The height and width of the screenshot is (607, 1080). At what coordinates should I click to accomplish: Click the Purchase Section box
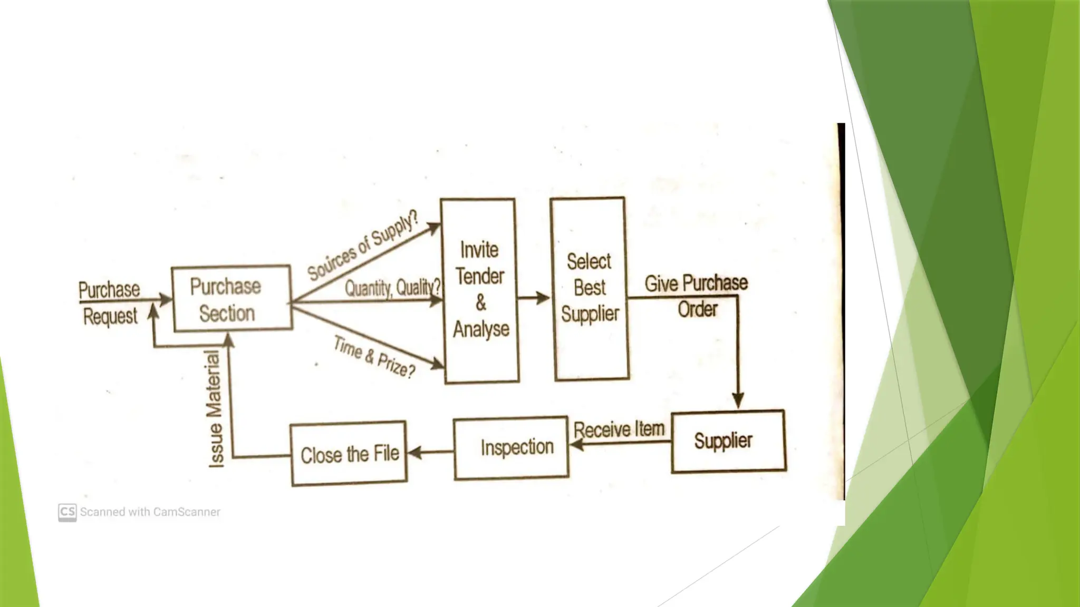(231, 298)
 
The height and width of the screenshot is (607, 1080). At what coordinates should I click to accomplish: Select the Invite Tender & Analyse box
(480, 290)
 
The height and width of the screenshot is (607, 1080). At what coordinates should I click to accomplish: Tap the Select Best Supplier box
(590, 289)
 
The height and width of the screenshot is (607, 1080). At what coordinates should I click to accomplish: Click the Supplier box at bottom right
(728, 441)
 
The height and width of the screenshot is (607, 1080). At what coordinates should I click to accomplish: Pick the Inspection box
(511, 448)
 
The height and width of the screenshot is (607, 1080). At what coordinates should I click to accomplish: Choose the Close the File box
(349, 454)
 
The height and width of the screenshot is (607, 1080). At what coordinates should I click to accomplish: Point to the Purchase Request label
(109, 303)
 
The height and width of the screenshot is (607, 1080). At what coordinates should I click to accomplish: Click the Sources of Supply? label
(363, 245)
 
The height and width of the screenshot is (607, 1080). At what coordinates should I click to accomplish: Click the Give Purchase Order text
(696, 296)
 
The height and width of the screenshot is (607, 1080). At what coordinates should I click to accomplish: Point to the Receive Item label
(619, 429)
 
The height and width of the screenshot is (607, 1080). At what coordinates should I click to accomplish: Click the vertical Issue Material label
(215, 409)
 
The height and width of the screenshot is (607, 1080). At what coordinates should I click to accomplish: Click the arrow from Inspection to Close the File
(430, 452)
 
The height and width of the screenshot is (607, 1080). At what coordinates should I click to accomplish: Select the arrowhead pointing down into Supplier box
(738, 400)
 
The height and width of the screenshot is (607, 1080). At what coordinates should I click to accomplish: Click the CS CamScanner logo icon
(67, 512)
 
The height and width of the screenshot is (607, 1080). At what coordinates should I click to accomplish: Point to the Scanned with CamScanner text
(150, 512)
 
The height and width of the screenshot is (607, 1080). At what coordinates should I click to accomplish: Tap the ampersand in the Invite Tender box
(480, 302)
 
